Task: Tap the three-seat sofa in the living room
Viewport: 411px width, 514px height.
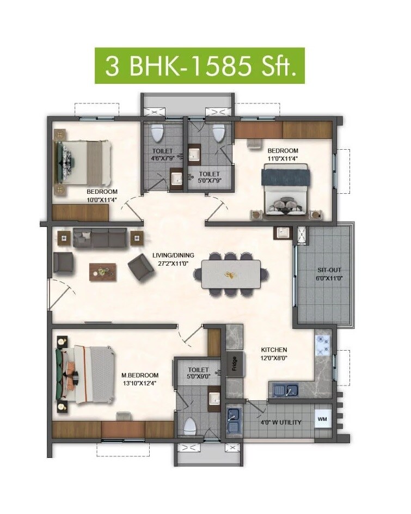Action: point(100,237)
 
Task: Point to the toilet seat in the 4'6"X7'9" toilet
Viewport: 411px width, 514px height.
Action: point(157,131)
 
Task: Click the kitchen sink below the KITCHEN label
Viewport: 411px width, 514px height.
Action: point(285,390)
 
